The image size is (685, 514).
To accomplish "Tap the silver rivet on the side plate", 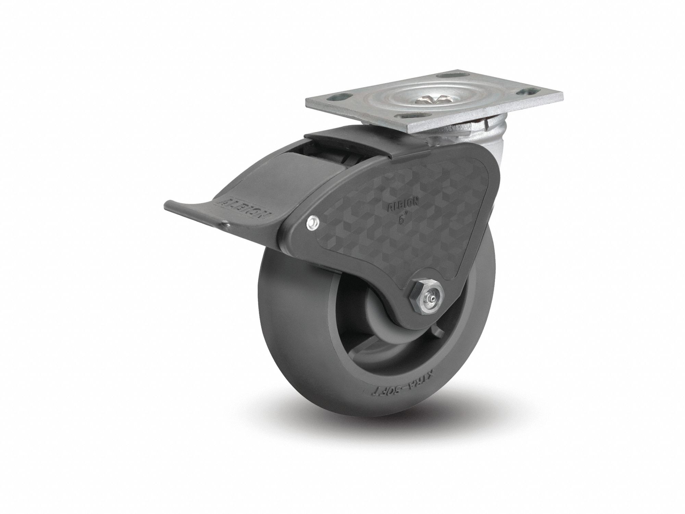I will pyautogui.click(x=312, y=222).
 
